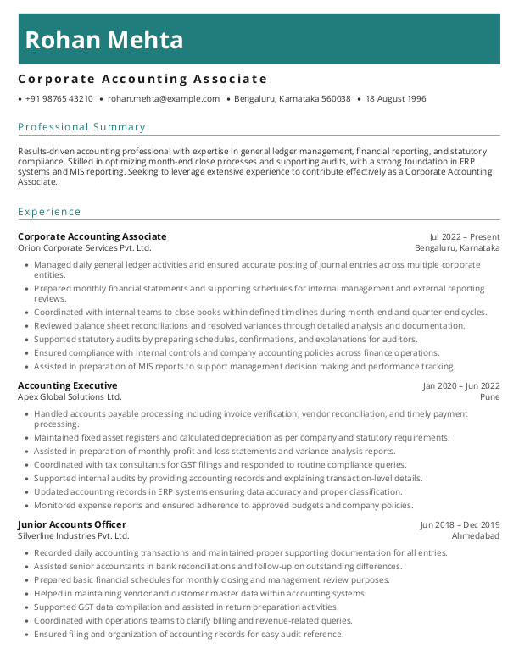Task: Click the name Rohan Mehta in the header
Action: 104,40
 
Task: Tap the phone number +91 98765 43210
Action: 59,99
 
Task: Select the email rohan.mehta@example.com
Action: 164,99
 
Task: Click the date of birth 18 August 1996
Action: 395,99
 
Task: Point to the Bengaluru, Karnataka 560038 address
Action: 292,99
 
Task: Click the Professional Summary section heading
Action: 82,127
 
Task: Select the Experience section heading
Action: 50,212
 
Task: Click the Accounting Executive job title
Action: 68,385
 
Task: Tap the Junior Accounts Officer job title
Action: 72,524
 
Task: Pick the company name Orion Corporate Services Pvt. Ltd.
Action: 85,248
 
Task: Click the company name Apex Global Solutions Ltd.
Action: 70,397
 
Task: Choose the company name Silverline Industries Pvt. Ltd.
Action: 74,536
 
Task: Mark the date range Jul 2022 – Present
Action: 464,236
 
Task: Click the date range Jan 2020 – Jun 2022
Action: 461,385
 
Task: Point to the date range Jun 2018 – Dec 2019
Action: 460,524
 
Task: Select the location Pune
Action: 489,397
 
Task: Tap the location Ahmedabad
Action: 475,536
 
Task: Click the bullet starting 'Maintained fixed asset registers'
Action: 242,438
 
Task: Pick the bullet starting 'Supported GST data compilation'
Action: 186,607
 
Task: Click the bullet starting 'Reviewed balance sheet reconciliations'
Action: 249,326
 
